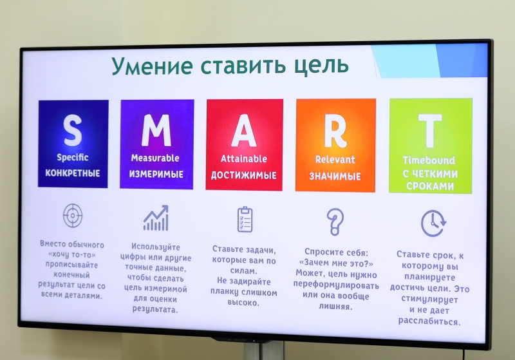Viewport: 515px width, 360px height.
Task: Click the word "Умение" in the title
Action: [153, 66]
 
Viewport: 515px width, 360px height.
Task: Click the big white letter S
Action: [73, 130]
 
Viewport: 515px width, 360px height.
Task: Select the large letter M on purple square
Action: [156, 130]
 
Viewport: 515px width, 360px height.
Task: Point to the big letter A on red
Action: [244, 131]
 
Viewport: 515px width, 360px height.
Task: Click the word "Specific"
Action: [73, 158]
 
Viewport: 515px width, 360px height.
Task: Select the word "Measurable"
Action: [155, 158]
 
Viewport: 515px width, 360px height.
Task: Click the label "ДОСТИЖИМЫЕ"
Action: [244, 175]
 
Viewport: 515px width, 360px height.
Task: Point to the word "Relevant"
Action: [335, 160]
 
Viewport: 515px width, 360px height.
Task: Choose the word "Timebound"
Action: [429, 160]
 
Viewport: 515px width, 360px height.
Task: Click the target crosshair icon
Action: [73, 216]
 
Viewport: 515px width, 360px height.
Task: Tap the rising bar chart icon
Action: [156, 218]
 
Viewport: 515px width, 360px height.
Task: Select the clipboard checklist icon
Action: [245, 220]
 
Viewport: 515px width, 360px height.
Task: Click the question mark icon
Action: [335, 222]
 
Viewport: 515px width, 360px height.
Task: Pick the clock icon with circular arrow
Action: [433, 223]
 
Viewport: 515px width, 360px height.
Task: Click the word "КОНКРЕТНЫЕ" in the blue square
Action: [73, 173]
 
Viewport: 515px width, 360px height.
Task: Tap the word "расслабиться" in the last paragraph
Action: [429, 321]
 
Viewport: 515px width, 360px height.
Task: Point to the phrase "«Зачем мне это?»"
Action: [336, 263]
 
